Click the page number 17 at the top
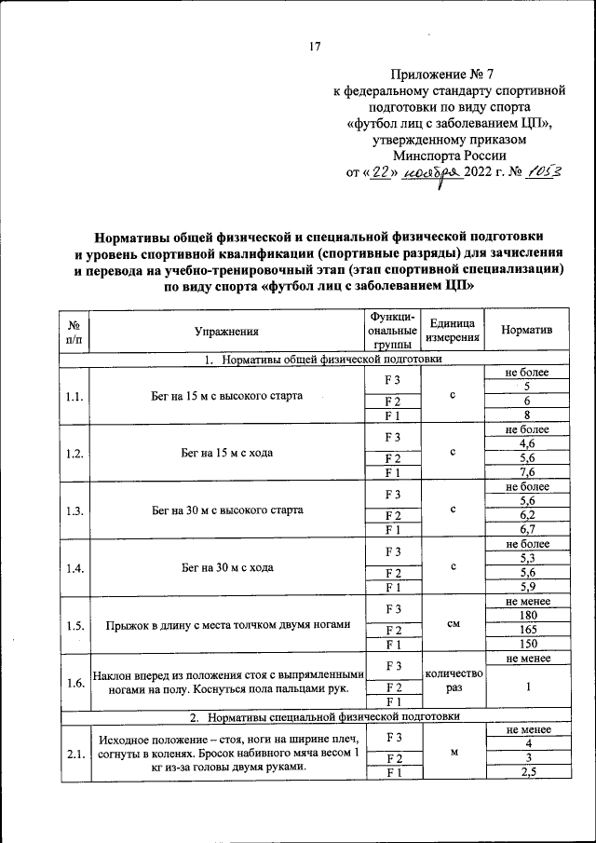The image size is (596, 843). [x=314, y=48]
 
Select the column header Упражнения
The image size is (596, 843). [x=226, y=332]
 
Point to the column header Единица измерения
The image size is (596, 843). [x=451, y=332]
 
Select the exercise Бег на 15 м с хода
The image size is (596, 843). [x=226, y=454]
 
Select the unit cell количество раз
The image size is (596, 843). [x=451, y=682]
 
